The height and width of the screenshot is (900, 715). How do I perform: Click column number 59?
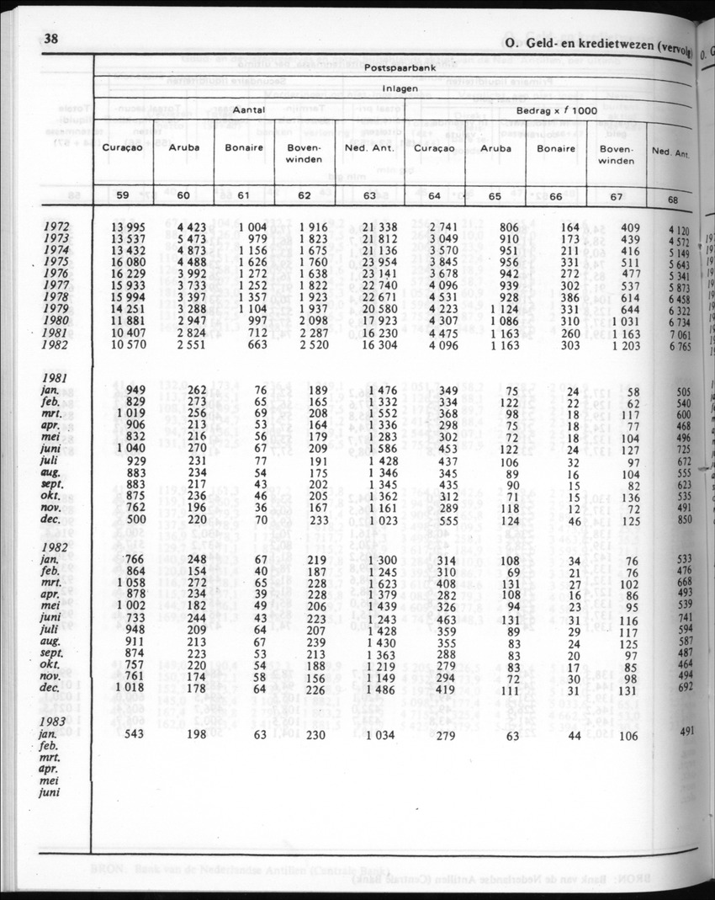(123, 196)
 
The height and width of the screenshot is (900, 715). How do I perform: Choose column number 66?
(555, 196)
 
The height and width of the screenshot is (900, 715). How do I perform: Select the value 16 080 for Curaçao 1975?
(128, 261)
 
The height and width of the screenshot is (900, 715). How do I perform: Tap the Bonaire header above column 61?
(244, 147)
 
